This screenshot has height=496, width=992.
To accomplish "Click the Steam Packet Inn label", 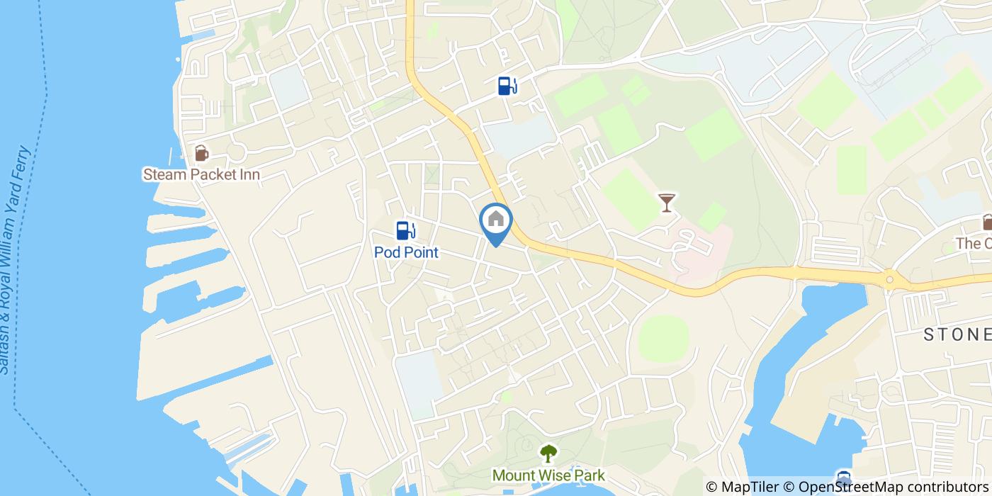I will click(201, 174).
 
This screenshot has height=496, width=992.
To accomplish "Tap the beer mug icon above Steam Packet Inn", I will click(201, 153).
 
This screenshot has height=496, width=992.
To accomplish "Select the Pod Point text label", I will click(406, 252).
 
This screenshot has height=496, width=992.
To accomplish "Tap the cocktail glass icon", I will click(666, 203).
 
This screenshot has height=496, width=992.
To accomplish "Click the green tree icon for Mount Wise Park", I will click(548, 453).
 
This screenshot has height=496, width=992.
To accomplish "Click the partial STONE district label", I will click(957, 335).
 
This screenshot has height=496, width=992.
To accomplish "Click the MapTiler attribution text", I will click(741, 487).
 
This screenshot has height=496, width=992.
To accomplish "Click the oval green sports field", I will click(663, 339).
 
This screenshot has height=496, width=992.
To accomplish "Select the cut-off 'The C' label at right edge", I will click(974, 243).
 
